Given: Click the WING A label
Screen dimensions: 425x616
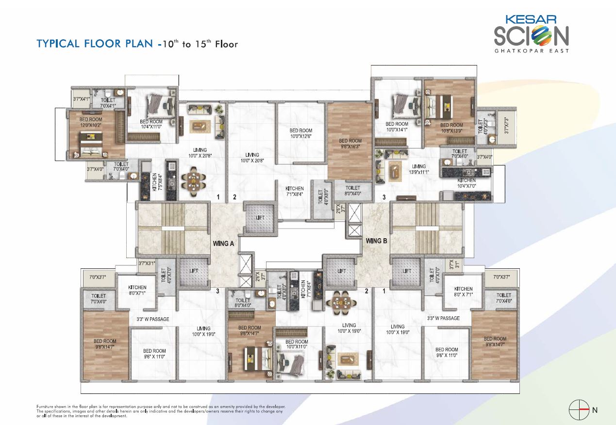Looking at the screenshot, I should point(224,244).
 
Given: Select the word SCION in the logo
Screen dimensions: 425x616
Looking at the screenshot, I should point(532,36).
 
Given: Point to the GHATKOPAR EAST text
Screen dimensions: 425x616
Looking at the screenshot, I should point(532,50).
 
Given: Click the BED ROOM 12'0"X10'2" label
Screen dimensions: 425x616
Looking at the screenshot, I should point(91,122).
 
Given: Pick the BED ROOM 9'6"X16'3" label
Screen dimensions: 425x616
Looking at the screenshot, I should point(350,143).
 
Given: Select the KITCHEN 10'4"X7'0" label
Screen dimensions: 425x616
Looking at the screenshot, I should point(466,183).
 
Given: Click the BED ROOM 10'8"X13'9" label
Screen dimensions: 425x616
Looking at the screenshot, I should point(451,128).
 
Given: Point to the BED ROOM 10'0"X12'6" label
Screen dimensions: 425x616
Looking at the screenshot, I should point(301,133).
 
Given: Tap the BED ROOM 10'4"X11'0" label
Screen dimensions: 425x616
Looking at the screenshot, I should point(150,124).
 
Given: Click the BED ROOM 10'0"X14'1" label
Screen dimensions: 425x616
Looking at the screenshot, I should point(397,127).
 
